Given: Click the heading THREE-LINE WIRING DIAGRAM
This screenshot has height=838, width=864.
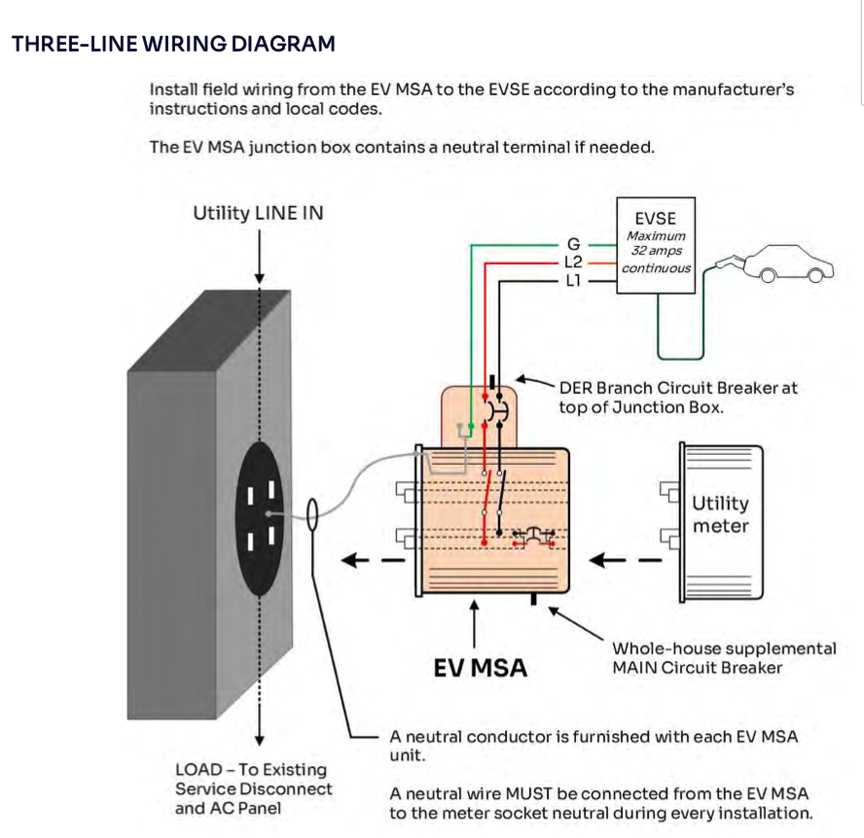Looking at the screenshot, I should tap(173, 44).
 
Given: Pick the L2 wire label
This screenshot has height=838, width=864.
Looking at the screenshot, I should tap(573, 262).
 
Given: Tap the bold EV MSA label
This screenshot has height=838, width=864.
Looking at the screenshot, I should tap(480, 668).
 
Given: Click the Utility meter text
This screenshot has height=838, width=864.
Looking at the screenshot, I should tap(720, 514).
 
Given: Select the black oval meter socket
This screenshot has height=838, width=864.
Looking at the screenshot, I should tap(261, 519).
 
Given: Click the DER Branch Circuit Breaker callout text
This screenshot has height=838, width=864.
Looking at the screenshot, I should tap(677, 397).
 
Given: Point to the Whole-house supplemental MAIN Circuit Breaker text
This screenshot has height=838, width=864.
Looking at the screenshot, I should tap(723, 657).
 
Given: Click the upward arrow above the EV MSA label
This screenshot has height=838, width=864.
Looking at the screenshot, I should tap(475, 622).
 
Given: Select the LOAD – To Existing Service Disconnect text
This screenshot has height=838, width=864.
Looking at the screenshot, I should tap(253, 788).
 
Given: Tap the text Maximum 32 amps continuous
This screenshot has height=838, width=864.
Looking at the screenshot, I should tap(657, 252).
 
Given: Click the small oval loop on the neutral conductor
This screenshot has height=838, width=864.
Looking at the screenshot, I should tap(314, 514).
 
